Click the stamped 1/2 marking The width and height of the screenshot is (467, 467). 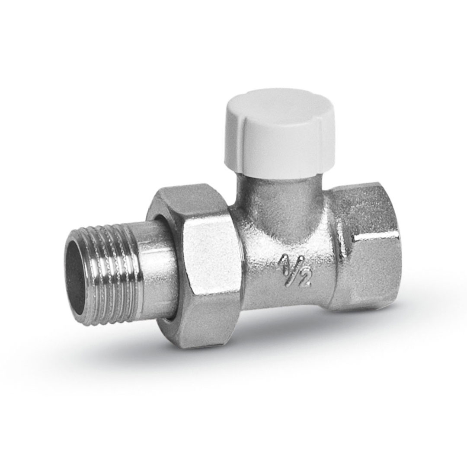coord(295,270)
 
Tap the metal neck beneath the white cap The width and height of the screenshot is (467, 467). coord(281,199)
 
